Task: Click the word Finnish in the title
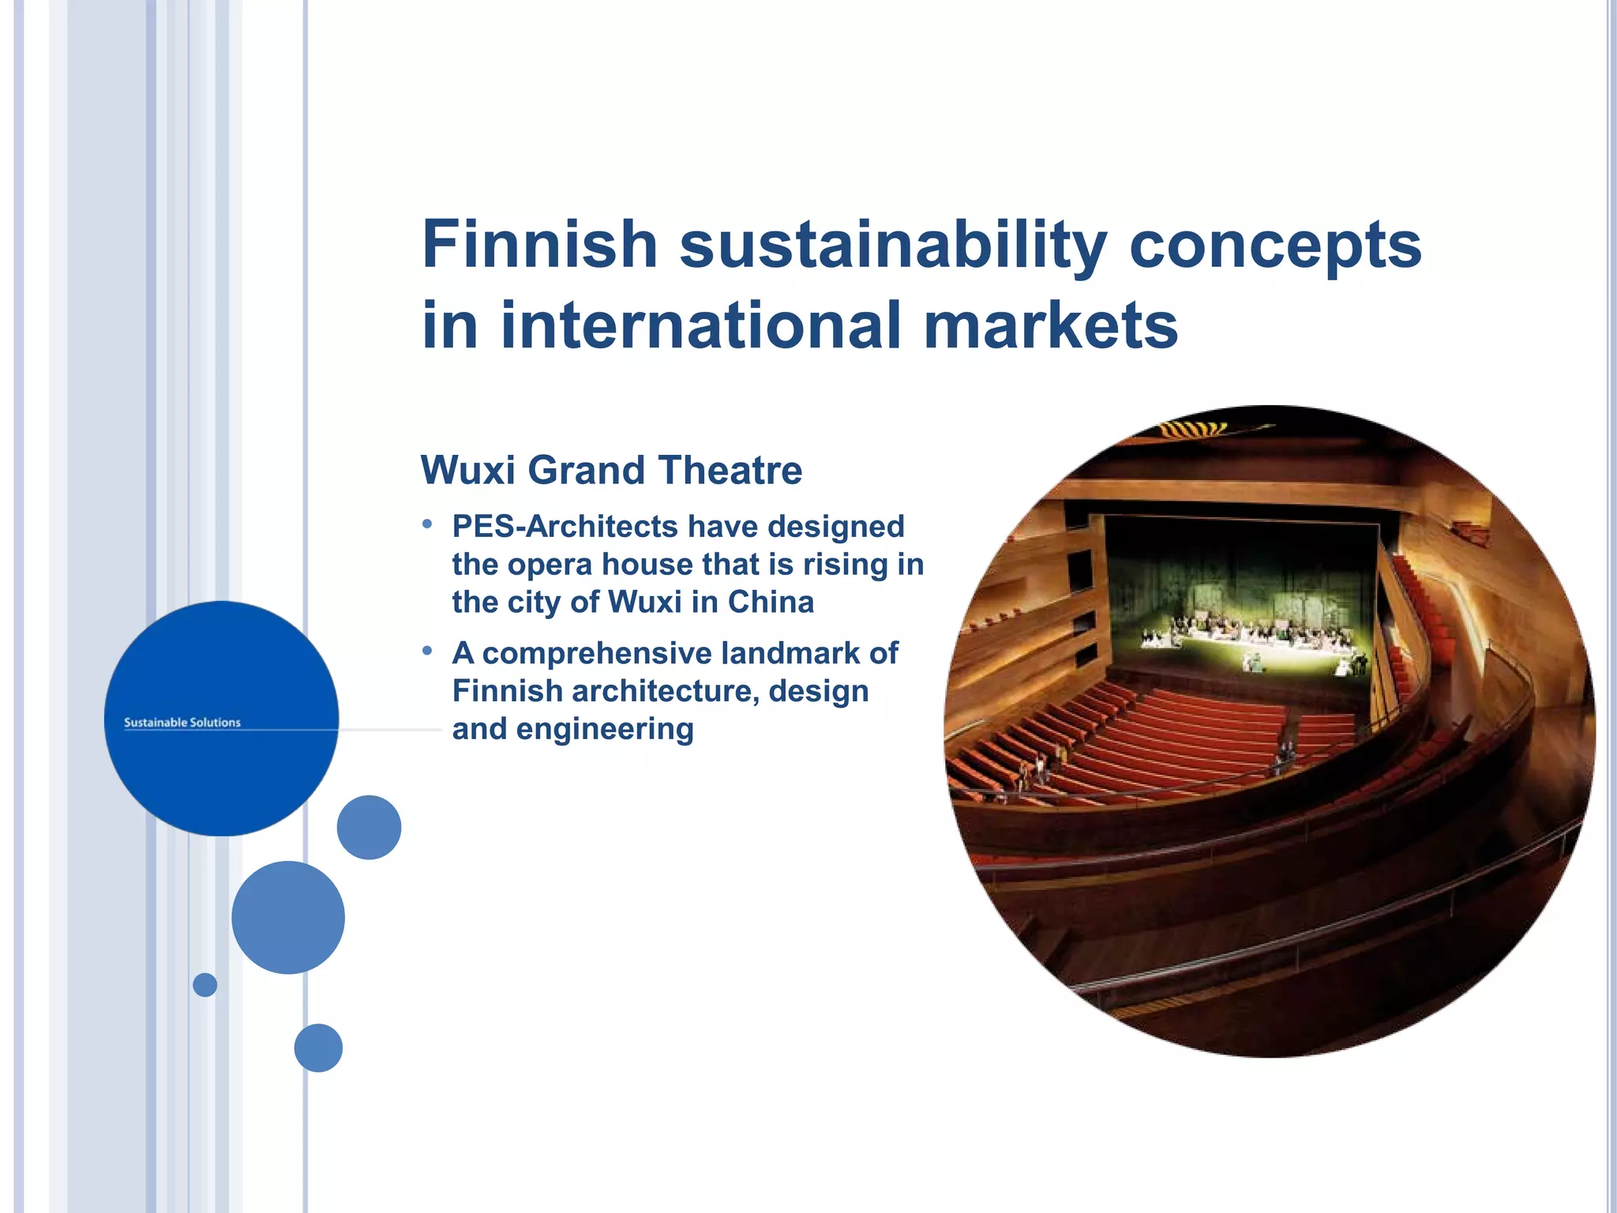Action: coord(540,244)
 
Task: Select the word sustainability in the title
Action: coord(893,246)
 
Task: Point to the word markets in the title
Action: coord(1051,325)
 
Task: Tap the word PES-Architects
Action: coord(565,526)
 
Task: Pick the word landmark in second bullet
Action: coord(790,653)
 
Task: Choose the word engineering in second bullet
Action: coord(605,729)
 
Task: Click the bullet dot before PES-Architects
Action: coord(427,524)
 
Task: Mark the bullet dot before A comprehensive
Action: coord(427,651)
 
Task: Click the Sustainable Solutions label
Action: coord(182,722)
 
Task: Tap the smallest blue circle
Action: coord(205,985)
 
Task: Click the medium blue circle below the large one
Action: coord(288,917)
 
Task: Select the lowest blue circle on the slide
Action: coord(318,1048)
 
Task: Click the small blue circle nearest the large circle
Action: coord(369,827)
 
